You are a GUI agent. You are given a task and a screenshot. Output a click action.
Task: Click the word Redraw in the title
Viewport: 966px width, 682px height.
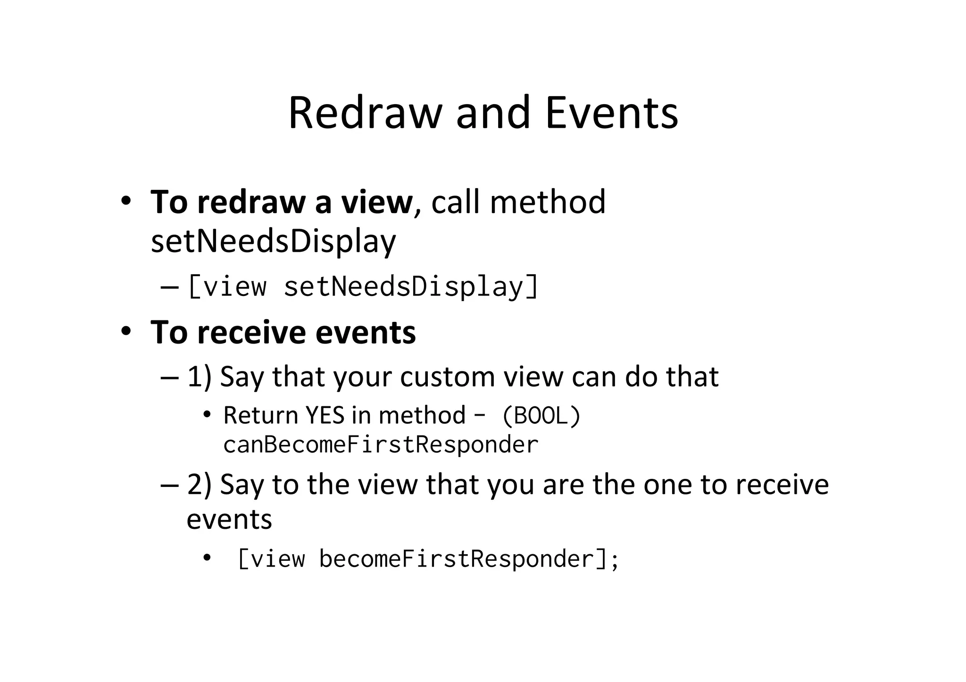[x=365, y=113]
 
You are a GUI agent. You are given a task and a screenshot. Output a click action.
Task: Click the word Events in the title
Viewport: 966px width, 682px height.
[x=612, y=113]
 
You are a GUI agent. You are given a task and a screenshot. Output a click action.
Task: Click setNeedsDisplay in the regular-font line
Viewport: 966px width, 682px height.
[x=273, y=241]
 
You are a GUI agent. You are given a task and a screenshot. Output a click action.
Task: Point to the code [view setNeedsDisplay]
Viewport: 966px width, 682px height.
[x=363, y=286]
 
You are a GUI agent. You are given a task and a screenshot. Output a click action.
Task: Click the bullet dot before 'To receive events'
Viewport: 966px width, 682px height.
[x=125, y=331]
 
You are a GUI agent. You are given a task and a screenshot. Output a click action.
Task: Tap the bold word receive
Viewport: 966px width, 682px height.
[x=251, y=332]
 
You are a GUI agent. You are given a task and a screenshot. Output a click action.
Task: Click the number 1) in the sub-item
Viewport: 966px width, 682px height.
[x=200, y=377]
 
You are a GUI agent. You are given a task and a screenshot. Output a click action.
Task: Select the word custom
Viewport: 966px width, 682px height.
[x=447, y=377]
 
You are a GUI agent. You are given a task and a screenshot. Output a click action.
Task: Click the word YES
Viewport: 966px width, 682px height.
[x=325, y=415]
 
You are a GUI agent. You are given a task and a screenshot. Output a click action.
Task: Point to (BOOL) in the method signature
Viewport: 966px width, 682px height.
[x=541, y=415]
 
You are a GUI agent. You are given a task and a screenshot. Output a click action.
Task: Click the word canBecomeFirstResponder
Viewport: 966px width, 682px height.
[x=381, y=444]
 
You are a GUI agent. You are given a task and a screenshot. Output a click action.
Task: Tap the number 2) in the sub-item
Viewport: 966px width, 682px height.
[x=200, y=484]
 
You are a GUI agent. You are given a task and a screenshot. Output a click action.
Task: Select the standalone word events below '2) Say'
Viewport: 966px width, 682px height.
[x=229, y=519]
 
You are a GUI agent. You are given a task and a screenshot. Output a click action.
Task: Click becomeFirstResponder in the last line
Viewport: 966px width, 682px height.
[x=456, y=559]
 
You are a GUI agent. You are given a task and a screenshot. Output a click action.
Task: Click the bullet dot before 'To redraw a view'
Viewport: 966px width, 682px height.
[x=125, y=201]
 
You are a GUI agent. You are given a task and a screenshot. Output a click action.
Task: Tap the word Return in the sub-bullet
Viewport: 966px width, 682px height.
[x=261, y=415]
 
